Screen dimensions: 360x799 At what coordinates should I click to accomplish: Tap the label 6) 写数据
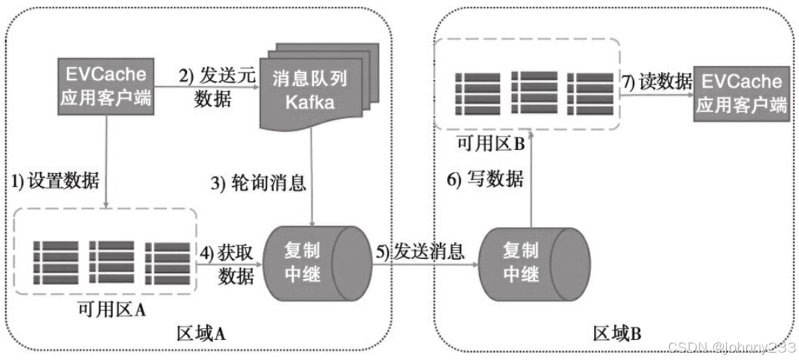(x=484, y=179)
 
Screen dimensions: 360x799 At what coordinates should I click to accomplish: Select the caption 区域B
(x=617, y=333)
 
